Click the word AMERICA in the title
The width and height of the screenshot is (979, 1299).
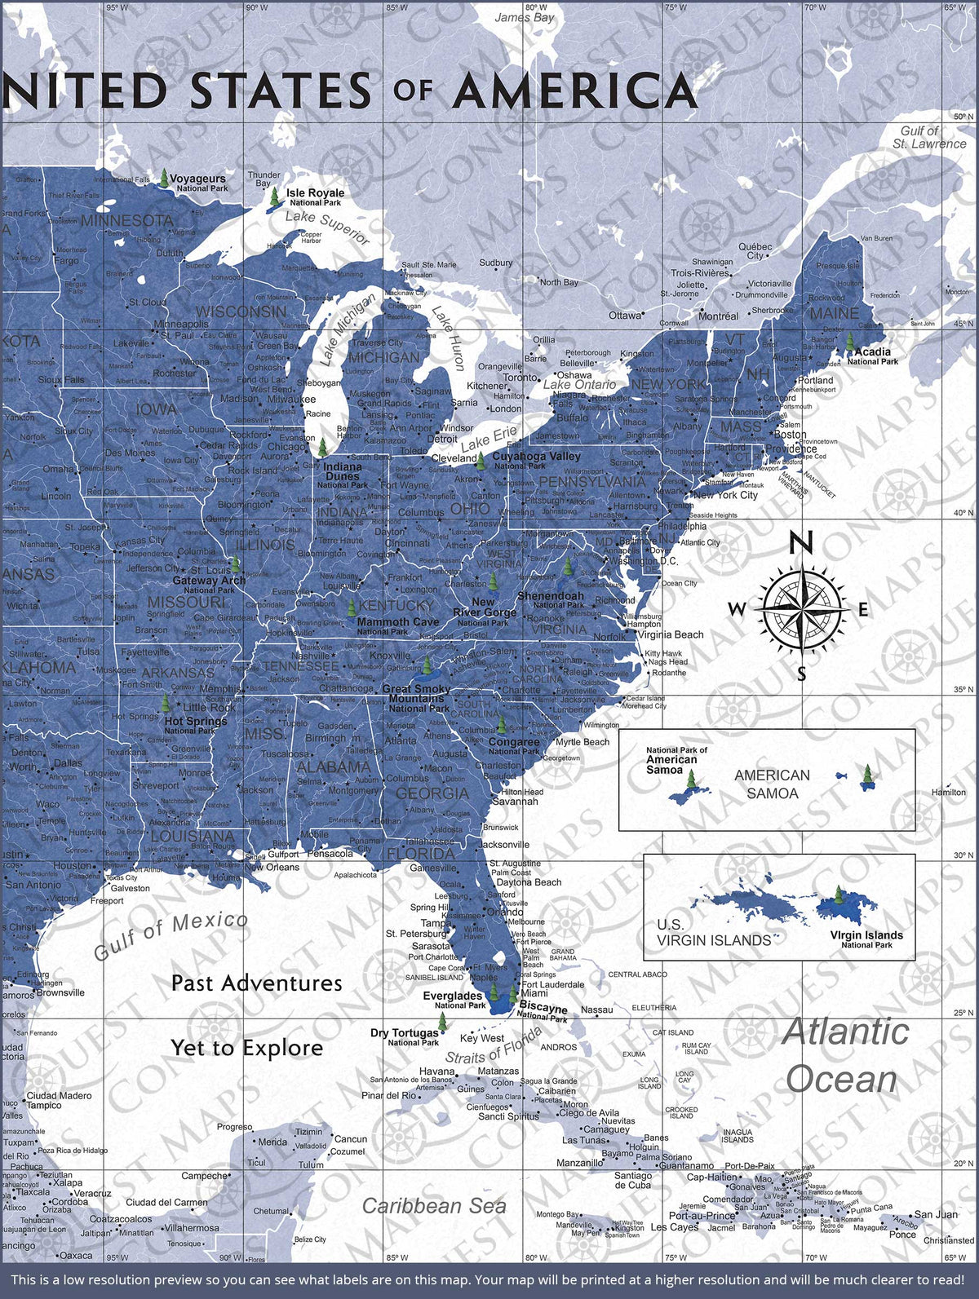pyautogui.click(x=574, y=91)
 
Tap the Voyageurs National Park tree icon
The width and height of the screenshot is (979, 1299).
pyautogui.click(x=165, y=179)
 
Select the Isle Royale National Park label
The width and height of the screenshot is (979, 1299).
pyautogui.click(x=315, y=197)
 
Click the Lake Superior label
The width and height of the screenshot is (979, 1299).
pyautogui.click(x=327, y=227)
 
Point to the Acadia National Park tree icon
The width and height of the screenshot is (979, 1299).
pyautogui.click(x=849, y=342)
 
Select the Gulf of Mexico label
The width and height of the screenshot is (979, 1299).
pyautogui.click(x=171, y=936)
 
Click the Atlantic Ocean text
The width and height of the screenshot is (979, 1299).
pyautogui.click(x=844, y=1055)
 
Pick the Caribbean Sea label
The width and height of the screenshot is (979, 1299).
pyautogui.click(x=434, y=1206)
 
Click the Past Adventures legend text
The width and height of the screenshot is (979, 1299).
pyautogui.click(x=256, y=983)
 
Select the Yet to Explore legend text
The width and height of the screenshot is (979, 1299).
pyautogui.click(x=246, y=1048)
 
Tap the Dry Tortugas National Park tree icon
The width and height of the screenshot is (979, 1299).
pyautogui.click(x=442, y=1022)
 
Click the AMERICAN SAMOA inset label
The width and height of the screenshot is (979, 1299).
pyautogui.click(x=772, y=784)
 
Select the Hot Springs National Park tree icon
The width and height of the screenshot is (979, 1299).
pyautogui.click(x=166, y=703)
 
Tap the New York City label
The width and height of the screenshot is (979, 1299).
pyautogui.click(x=724, y=495)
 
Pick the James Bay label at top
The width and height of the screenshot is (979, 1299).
pyautogui.click(x=524, y=17)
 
